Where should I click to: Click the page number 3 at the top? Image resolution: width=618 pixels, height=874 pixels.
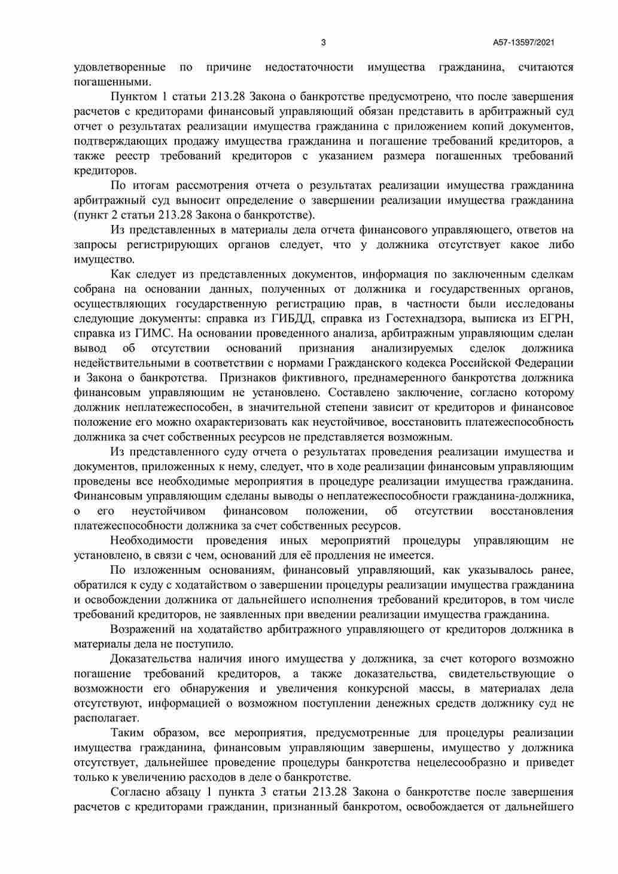[324, 42]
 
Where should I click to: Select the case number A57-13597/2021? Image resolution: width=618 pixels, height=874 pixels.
[525, 42]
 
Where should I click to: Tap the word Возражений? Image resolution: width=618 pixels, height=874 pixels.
[141, 629]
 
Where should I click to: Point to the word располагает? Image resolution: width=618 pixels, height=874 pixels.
[106, 718]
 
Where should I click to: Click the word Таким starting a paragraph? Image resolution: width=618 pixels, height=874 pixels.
[126, 733]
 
